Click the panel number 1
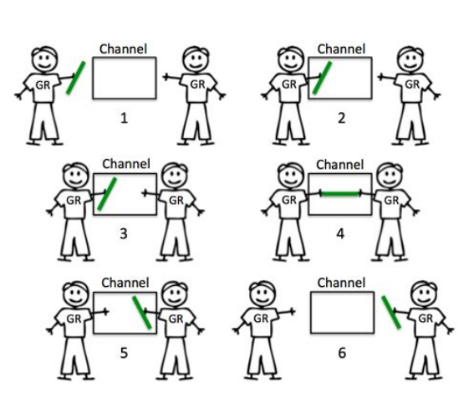(124, 118)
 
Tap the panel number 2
(342, 118)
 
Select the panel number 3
(124, 233)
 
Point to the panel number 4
(340, 234)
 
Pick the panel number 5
(124, 353)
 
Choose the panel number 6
(342, 353)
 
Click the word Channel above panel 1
(124, 49)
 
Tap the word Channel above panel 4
(340, 165)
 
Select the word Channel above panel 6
(342, 283)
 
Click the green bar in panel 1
(76, 78)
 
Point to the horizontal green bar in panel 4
(340, 193)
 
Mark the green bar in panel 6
(391, 312)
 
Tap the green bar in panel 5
(142, 313)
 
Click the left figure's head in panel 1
(45, 59)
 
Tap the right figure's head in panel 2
(410, 59)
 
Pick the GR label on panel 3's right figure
(176, 201)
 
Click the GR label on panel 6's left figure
(261, 319)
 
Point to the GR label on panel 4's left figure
(289, 200)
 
